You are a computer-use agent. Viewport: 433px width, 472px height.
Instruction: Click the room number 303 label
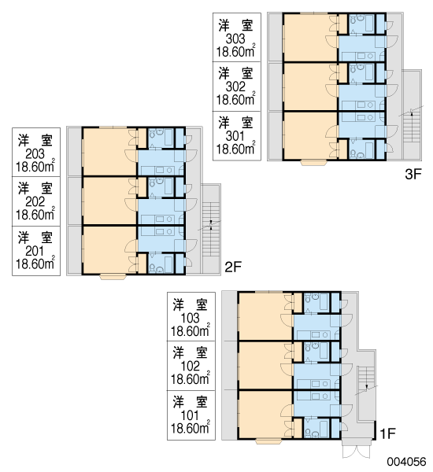coord(235,39)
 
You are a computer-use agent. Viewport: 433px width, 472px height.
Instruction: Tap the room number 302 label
coord(235,87)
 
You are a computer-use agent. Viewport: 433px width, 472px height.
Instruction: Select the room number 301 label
coord(235,136)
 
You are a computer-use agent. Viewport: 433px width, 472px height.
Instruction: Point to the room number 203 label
coord(35,154)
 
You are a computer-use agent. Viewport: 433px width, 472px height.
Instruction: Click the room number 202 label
coord(35,201)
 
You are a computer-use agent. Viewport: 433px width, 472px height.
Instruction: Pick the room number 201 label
coord(35,251)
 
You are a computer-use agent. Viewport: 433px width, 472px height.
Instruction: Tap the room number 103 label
coord(191,318)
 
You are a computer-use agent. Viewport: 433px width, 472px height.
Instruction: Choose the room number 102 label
coord(191,366)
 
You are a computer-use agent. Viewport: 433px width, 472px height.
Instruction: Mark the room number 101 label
coord(191,415)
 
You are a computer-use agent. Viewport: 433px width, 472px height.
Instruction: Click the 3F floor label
coord(413,175)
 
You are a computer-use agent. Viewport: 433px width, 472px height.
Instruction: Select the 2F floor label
coord(233,267)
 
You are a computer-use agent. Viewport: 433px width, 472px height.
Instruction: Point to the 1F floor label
coord(387,433)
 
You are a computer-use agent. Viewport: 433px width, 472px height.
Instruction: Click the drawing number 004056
coord(407,462)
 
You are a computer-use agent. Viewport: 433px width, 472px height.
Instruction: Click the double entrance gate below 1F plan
coord(357,452)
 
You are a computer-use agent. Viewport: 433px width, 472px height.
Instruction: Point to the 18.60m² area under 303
coord(236,51)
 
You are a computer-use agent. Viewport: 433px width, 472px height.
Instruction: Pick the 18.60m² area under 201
coord(35,264)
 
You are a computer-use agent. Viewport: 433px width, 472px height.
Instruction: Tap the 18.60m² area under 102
coord(191,378)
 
